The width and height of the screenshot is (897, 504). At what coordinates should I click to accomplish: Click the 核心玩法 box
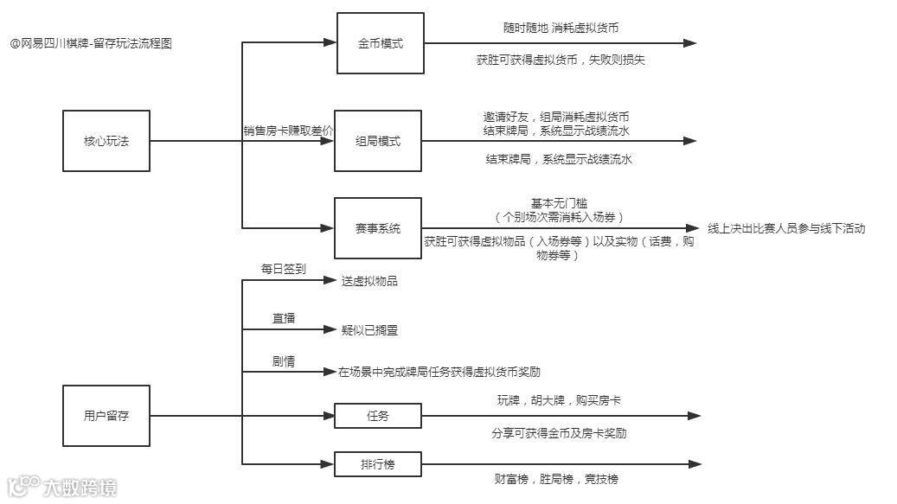[x=106, y=141]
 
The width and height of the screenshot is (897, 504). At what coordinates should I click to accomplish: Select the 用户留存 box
[x=106, y=416]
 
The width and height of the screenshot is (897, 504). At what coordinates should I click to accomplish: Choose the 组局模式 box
[x=379, y=141]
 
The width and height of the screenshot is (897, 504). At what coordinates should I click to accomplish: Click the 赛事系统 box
[x=379, y=228]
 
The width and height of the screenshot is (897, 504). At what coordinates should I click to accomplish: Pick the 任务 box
[x=379, y=416]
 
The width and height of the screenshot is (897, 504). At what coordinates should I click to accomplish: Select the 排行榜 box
[x=379, y=464]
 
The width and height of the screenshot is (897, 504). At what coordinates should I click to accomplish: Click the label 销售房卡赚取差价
[x=288, y=131]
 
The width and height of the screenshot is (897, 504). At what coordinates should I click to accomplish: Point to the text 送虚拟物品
[x=369, y=281]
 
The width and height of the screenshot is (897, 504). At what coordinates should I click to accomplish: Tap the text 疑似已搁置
[x=369, y=329]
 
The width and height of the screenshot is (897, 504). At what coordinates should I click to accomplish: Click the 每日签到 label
[x=284, y=269]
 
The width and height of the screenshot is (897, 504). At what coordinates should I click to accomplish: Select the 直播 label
[x=284, y=318]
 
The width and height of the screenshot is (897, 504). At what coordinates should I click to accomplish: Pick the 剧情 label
[x=284, y=361]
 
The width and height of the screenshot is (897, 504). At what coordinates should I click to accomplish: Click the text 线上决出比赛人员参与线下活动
[x=786, y=228]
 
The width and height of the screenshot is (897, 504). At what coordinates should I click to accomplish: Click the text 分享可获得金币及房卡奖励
[x=559, y=433]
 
